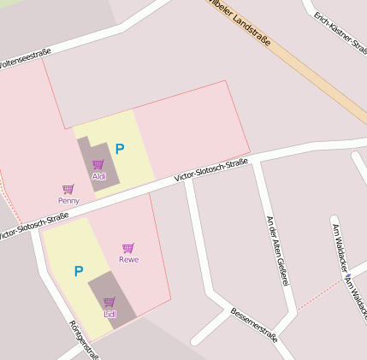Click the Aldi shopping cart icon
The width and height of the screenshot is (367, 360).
tap(98, 164)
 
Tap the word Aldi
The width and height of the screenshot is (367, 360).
tap(99, 176)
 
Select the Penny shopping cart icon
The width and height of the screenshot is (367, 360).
tap(68, 189)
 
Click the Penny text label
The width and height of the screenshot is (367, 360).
tap(68, 201)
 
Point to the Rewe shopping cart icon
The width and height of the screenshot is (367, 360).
tap(128, 248)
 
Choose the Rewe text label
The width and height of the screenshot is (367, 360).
tap(128, 259)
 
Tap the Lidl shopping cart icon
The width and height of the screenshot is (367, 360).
tap(110, 302)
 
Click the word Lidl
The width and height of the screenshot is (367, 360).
tap(110, 314)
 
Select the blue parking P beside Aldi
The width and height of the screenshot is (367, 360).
tap(120, 149)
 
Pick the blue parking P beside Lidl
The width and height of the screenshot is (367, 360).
tap(78, 272)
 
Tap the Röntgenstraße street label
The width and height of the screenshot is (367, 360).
tap(84, 338)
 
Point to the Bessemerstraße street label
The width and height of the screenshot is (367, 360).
tap(254, 325)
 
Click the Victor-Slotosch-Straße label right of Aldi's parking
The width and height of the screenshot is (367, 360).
tap(210, 168)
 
